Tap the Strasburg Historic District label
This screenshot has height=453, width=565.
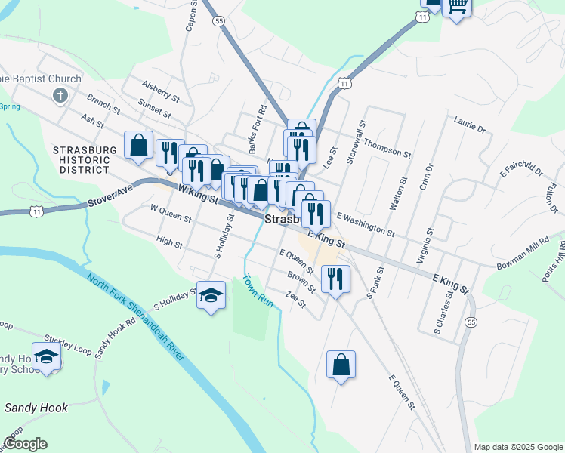(85, 160)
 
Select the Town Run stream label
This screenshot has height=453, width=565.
(257, 289)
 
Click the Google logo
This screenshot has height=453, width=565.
(25, 444)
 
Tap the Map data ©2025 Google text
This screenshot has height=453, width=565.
(517, 447)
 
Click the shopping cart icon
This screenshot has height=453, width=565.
(457, 6)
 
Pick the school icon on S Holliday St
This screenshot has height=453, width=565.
(211, 296)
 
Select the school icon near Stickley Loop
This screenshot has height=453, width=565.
(47, 357)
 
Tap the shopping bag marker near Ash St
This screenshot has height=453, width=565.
(140, 145)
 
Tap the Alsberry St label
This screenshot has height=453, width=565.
(160, 93)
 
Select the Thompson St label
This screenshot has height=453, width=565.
(387, 146)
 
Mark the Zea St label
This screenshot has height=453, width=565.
(296, 300)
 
